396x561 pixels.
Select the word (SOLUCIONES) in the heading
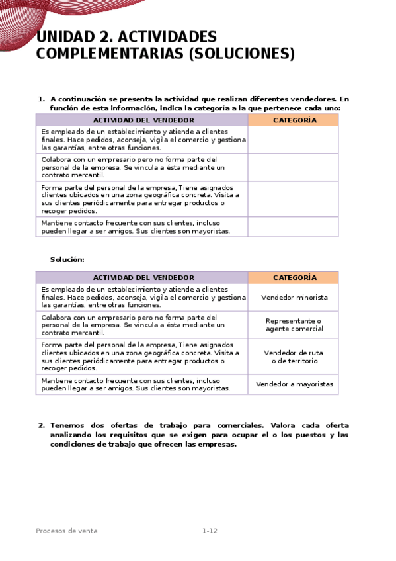[x=242, y=54]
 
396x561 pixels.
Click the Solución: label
[x=67, y=259]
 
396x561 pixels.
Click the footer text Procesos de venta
[x=67, y=531]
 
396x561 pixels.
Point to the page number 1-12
[x=210, y=531]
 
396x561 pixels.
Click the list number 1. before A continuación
[x=41, y=99]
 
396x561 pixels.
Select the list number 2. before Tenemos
[x=41, y=425]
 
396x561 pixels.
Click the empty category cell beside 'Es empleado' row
[x=293, y=140]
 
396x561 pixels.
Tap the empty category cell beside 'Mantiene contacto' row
[x=293, y=227]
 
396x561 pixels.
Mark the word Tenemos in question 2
[x=68, y=425]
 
